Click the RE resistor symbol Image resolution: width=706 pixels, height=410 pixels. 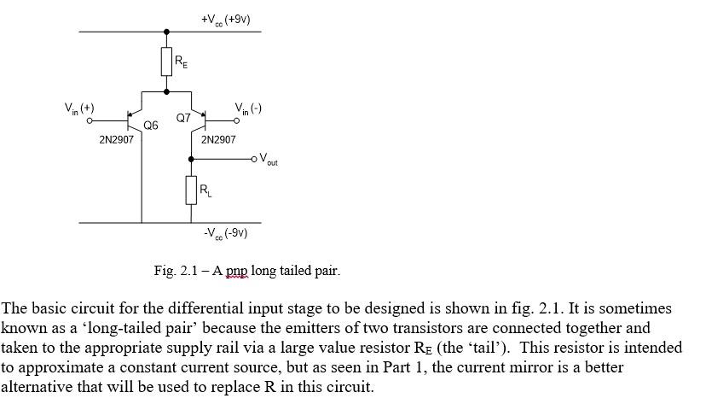tap(166, 61)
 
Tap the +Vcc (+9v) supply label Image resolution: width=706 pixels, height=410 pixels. tap(226, 19)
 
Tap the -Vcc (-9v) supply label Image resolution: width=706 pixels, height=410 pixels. tap(225, 233)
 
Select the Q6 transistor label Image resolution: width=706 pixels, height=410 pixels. tap(151, 125)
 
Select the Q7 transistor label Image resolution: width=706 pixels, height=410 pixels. tap(183, 118)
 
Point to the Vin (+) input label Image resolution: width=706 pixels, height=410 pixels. tap(79, 109)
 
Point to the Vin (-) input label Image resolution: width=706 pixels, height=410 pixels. tap(248, 108)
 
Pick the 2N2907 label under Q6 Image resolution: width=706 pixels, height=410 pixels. tap(117, 139)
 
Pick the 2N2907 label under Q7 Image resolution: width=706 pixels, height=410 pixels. tap(218, 139)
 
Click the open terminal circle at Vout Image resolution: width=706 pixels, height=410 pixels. tap(254, 158)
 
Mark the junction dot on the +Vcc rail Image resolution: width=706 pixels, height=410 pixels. tap(166, 32)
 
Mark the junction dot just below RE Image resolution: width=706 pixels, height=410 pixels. tap(166, 91)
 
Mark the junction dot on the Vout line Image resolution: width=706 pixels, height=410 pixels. tap(191, 158)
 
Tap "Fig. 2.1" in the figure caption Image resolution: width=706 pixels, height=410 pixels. tap(176, 271)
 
